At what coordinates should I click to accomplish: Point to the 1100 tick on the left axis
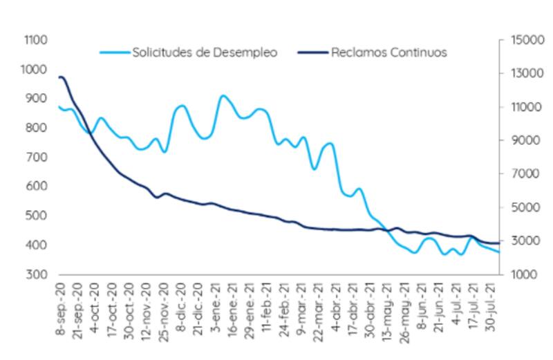coord(35,40)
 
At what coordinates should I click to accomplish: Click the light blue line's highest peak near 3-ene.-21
coord(223,96)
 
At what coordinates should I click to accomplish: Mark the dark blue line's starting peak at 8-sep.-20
coord(61,77)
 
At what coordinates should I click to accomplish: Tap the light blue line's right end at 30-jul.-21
coord(499,252)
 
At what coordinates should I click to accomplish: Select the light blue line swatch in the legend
coord(115,53)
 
